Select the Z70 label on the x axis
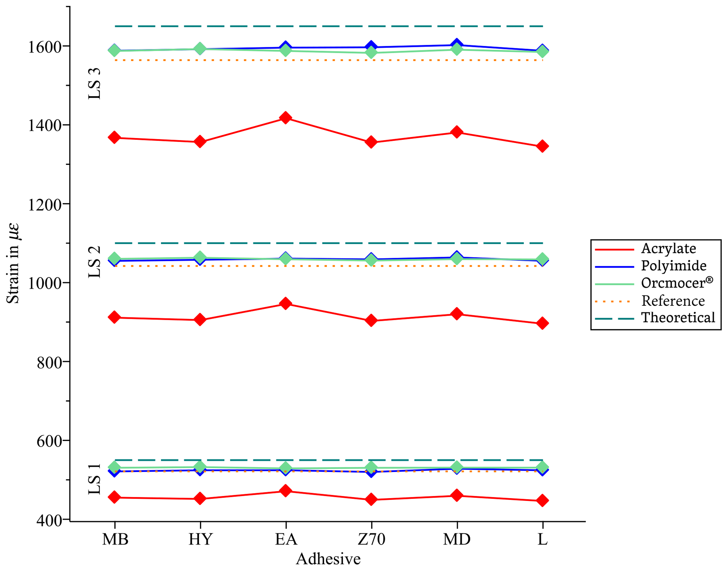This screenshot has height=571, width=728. [371, 539]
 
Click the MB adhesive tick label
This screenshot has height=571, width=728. [115, 539]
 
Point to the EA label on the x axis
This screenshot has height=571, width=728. [286, 539]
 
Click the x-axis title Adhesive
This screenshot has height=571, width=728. [328, 559]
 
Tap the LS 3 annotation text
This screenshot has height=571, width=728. [94, 84]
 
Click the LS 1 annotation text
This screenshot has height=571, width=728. [94, 479]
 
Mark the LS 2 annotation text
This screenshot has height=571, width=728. [94, 262]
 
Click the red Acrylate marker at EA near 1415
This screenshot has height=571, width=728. [286, 118]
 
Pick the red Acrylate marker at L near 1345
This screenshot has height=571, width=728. [542, 146]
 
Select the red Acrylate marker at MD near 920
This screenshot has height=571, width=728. [457, 314]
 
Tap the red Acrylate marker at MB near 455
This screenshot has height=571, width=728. [115, 497]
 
